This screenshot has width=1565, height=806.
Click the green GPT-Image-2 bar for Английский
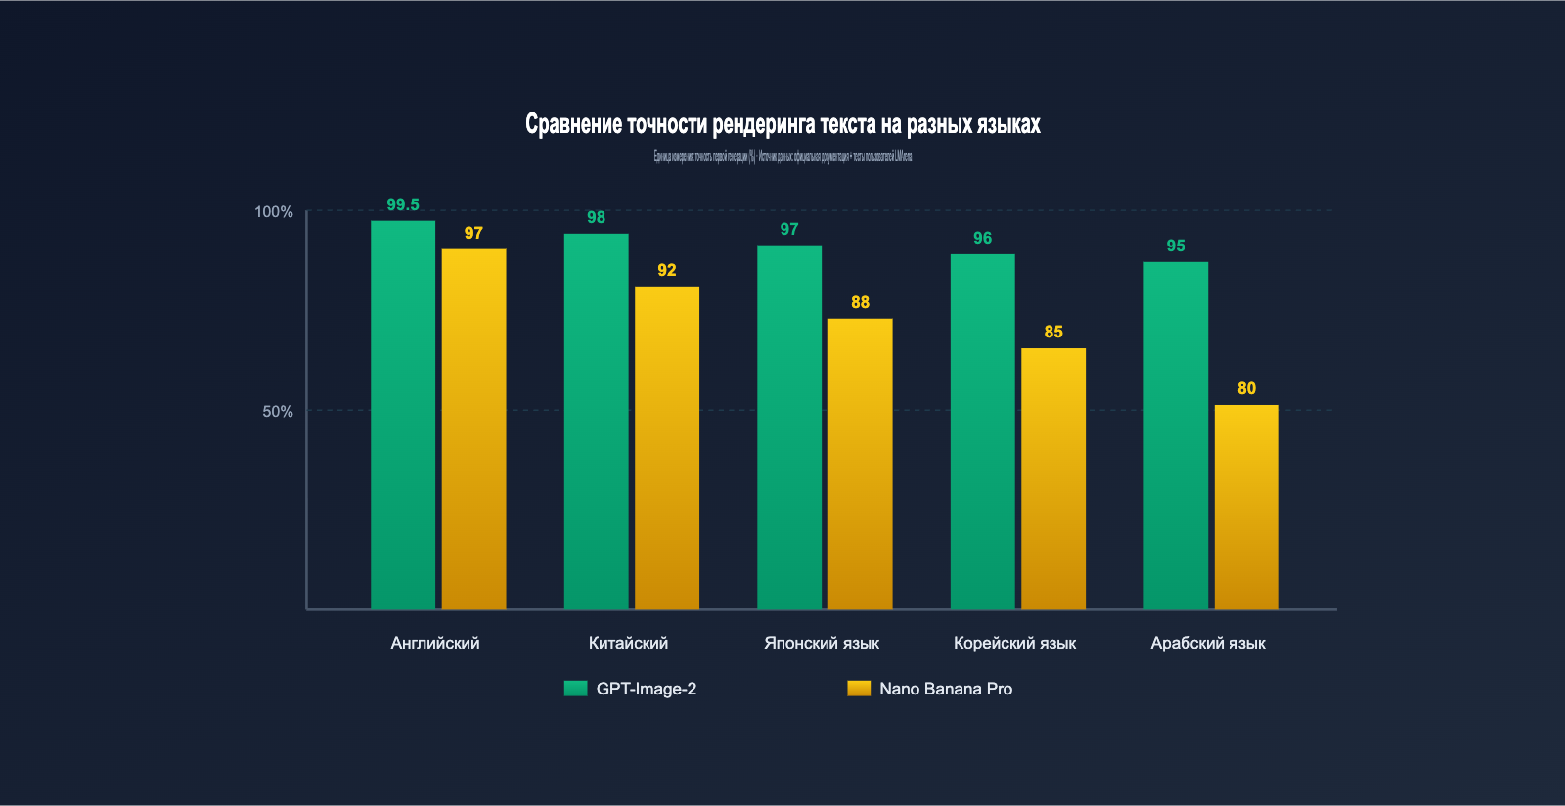point(403,416)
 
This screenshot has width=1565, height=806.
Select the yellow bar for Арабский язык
point(1246,508)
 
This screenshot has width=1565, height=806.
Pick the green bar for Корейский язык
point(982,432)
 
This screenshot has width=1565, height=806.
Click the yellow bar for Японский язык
point(860,465)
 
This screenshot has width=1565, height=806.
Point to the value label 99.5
point(403,204)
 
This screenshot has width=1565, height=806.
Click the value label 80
point(1246,388)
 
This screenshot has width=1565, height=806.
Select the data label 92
point(667,270)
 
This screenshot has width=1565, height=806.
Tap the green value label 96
point(982,238)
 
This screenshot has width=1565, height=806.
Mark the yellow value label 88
point(860,302)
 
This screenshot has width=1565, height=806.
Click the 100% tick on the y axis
point(274,212)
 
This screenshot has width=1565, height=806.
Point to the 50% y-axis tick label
point(278,412)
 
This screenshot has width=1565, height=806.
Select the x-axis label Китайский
point(628,643)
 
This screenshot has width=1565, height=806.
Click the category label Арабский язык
point(1208,643)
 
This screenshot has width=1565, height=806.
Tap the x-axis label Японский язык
point(822,643)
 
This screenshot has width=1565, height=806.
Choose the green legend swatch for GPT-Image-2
point(575,689)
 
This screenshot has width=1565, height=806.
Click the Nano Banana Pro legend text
point(946,689)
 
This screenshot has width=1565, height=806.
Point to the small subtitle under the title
point(782,157)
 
